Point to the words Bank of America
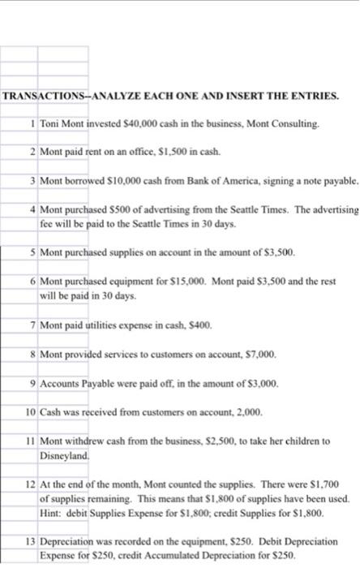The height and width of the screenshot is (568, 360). click(205, 179)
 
